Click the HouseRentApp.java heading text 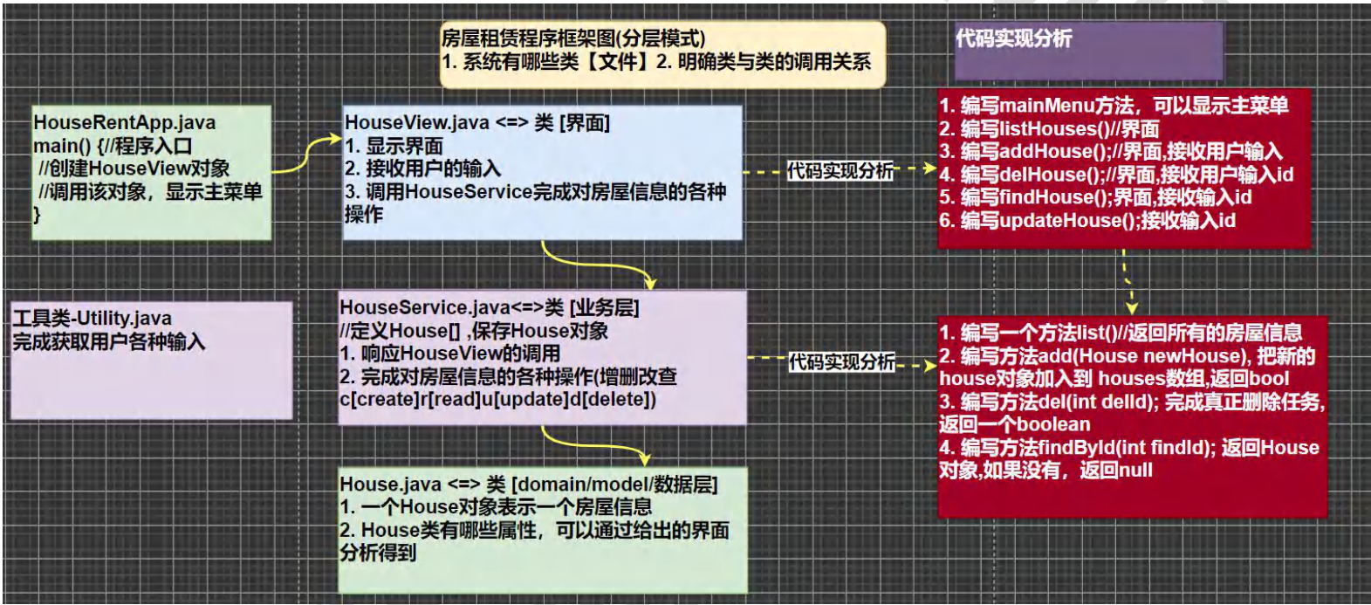pyautogui.click(x=124, y=123)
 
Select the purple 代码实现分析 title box pyautogui.click(x=1088, y=51)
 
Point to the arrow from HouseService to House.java pyautogui.click(x=593, y=444)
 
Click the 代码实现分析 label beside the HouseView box pyautogui.click(x=840, y=171)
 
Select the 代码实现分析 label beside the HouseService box pyautogui.click(x=841, y=361)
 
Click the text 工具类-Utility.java pyautogui.click(x=92, y=319)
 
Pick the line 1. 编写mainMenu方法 pyautogui.click(x=1114, y=107)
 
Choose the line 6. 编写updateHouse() pyautogui.click(x=1087, y=221)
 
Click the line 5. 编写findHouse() pyautogui.click(x=1095, y=198)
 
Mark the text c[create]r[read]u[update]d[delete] pyautogui.click(x=497, y=400)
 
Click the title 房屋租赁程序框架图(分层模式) pyautogui.click(x=573, y=38)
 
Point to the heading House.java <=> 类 pyautogui.click(x=528, y=485)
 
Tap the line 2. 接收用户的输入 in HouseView pyautogui.click(x=422, y=168)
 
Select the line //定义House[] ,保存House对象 pyautogui.click(x=474, y=331)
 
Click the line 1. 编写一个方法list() pyautogui.click(x=1121, y=333)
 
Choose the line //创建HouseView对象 pyautogui.click(x=134, y=168)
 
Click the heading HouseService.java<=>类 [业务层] pyautogui.click(x=489, y=308)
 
